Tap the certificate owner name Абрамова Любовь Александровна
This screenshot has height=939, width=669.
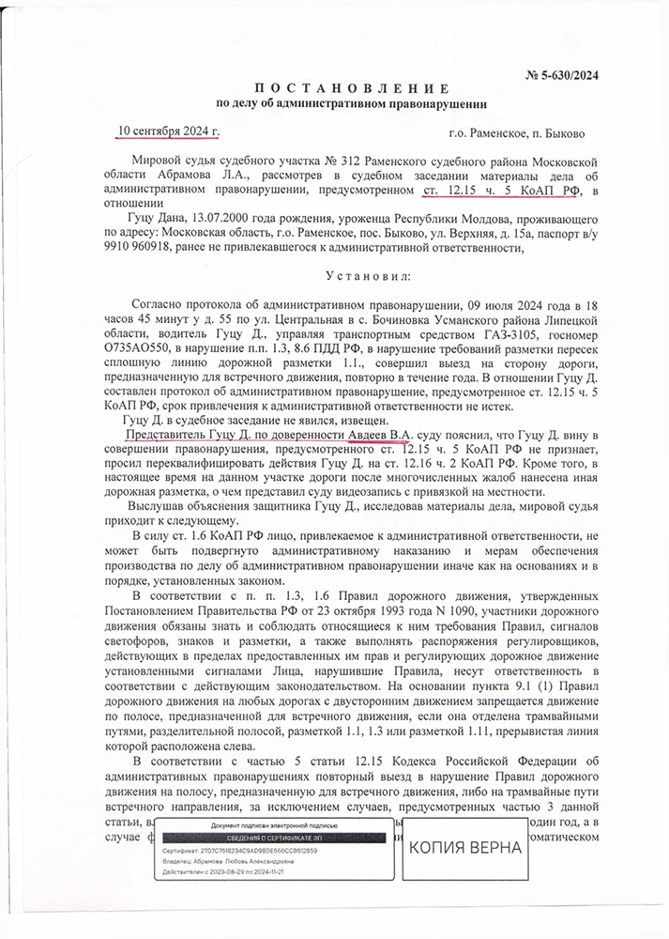[246, 858]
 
